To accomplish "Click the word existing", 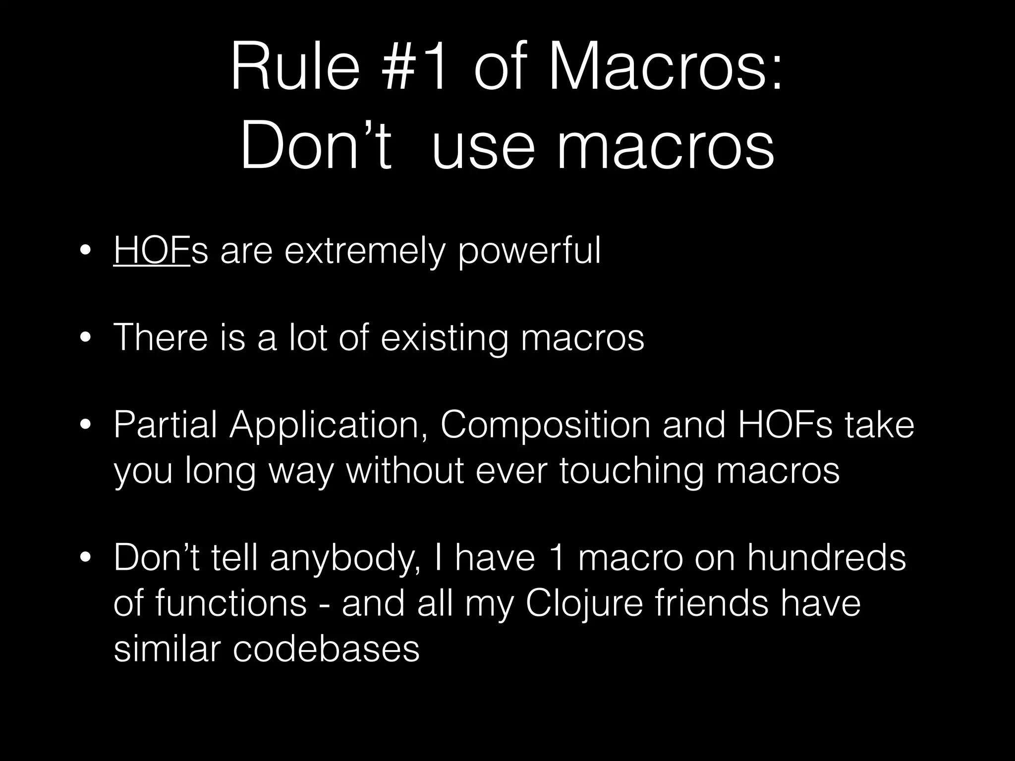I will [444, 338].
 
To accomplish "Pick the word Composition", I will [545, 425].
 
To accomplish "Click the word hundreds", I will [826, 558].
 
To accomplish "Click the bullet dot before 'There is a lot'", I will [85, 339].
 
